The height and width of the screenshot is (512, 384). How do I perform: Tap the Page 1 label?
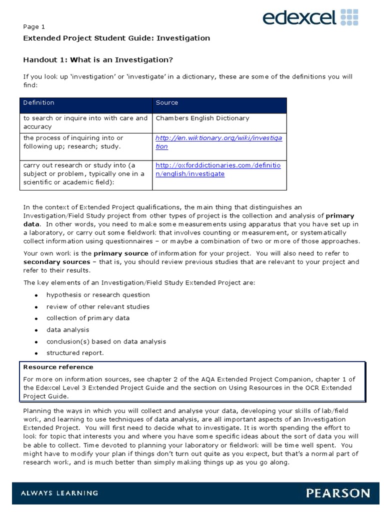click(x=34, y=27)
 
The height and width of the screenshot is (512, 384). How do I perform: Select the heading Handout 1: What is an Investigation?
click(x=98, y=60)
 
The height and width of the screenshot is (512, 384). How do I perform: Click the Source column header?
click(x=167, y=103)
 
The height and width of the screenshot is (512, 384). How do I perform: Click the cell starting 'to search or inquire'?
click(x=85, y=122)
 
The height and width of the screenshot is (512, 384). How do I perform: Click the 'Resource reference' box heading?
click(x=58, y=367)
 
